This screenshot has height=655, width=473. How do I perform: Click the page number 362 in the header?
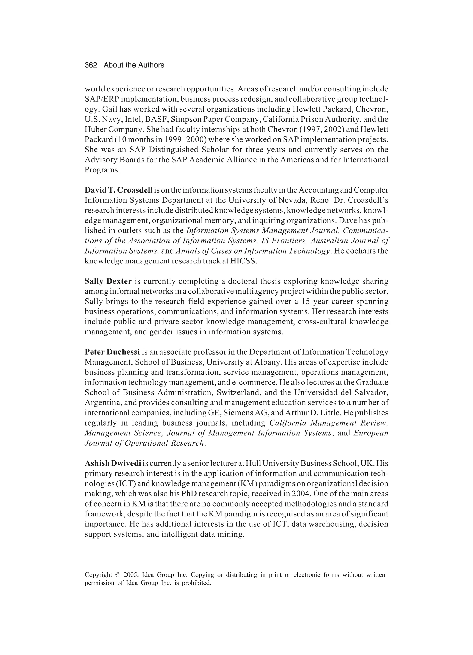click(x=91, y=65)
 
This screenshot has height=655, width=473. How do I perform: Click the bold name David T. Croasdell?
click(x=118, y=190)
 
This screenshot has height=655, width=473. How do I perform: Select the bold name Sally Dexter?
click(x=108, y=281)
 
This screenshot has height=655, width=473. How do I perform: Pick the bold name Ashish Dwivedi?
click(x=113, y=463)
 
